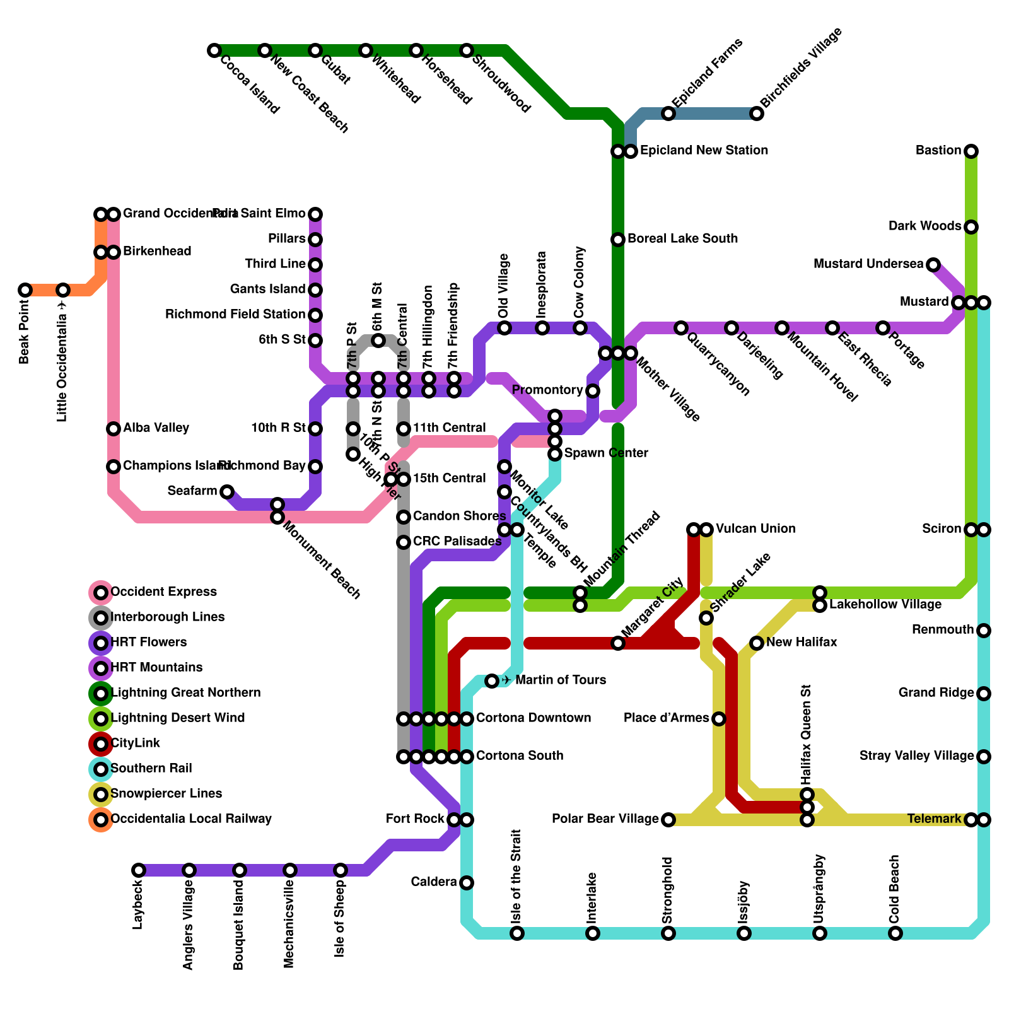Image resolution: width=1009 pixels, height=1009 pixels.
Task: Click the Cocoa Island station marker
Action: point(214,50)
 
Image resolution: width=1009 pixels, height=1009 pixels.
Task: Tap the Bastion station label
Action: point(938,151)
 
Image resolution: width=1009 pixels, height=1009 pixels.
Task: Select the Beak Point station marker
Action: point(25,290)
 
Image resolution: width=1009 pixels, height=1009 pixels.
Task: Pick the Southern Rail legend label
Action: point(151,769)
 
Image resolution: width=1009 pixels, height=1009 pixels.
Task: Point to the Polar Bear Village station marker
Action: point(668,820)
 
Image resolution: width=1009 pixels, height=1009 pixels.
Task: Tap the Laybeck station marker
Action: point(139,870)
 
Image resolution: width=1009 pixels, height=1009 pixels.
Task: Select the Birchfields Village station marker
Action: point(757,114)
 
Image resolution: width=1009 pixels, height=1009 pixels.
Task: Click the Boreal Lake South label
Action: point(682,239)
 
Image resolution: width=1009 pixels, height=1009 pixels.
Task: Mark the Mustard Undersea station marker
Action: point(933,265)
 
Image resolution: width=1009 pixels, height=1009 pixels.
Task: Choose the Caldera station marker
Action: point(467,883)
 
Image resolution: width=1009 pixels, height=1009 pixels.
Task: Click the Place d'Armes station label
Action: point(666,718)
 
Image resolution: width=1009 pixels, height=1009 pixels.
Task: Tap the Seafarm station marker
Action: point(227,492)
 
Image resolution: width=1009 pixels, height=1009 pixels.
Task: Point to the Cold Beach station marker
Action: point(895,933)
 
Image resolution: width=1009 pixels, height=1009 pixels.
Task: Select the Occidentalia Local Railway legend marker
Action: point(101,820)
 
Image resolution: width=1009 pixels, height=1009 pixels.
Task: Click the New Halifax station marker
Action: point(757,643)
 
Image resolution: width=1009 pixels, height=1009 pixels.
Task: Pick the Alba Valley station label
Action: point(156,428)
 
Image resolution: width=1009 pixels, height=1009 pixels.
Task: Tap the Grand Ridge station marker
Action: point(984,694)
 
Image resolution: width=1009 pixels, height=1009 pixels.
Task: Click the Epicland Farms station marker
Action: point(668,114)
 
